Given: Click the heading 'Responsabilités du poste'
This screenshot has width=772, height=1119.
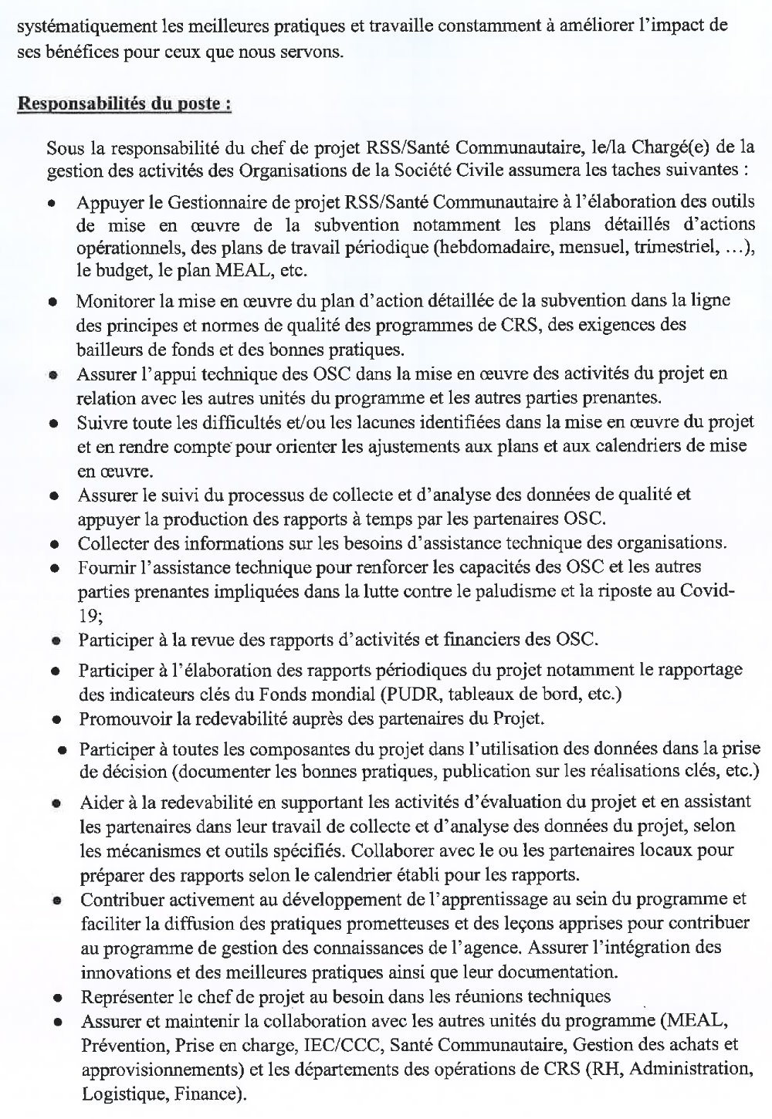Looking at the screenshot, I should (x=124, y=104).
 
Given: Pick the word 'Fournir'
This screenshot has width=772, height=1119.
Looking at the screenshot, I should (x=103, y=567).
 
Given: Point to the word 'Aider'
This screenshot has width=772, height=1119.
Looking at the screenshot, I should (x=98, y=803).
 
